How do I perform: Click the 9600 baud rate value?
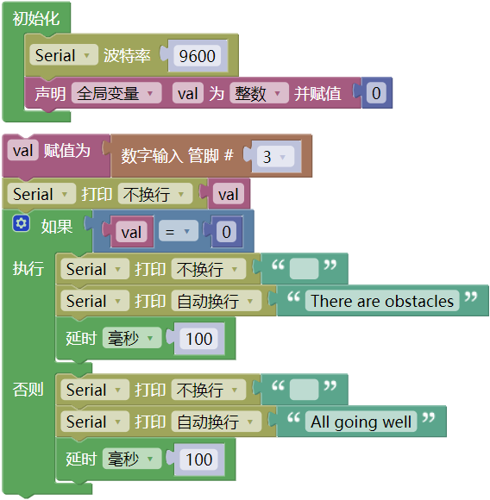point(198,56)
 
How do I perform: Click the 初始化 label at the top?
point(36,18)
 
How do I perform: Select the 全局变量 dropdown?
point(116,93)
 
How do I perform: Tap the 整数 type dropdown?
point(259,93)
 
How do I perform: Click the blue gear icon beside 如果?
point(21,223)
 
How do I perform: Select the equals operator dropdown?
point(179,232)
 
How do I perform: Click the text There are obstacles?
point(382,301)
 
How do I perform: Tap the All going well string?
point(361,422)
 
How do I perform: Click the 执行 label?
point(28,268)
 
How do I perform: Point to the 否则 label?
point(28,389)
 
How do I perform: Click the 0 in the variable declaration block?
point(376,93)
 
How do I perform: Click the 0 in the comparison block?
point(226,232)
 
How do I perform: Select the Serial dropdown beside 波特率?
point(64,55)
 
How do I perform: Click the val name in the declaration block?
point(188,93)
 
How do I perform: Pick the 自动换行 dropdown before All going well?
point(217,422)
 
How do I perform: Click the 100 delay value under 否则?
point(198,459)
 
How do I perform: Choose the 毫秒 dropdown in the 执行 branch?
point(132,338)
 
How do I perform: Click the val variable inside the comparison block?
point(131,232)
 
